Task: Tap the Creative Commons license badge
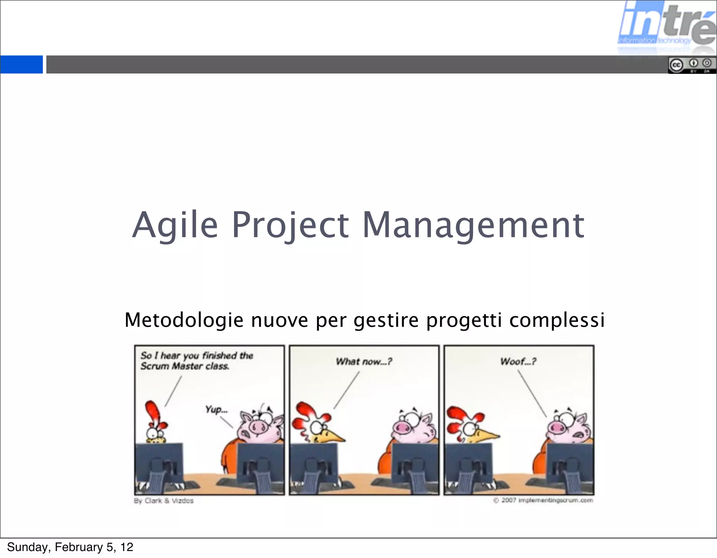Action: point(692,66)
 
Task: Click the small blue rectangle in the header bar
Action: point(21,64)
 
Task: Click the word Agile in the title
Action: point(175,225)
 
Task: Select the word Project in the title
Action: point(290,225)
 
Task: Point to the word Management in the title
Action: point(473,225)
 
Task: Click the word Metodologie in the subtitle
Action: point(184,320)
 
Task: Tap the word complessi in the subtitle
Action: point(557,320)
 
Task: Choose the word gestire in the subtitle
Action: point(386,321)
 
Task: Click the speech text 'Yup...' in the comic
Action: point(216,409)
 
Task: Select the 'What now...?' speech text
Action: point(364,361)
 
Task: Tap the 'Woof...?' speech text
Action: point(518,361)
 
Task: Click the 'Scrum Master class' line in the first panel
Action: point(185,366)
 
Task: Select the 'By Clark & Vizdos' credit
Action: point(163,501)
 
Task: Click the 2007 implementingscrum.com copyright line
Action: point(543,500)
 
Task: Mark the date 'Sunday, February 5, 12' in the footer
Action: point(70,547)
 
